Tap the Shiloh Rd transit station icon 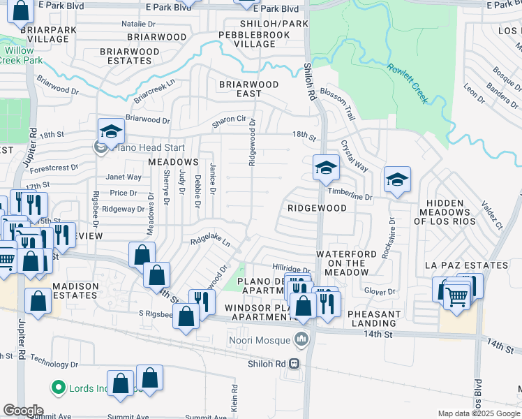pyautogui.click(x=294, y=364)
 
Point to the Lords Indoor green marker pyautogui.click(x=58, y=387)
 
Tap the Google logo pyautogui.click(x=23, y=411)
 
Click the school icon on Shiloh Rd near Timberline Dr pyautogui.click(x=325, y=168)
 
